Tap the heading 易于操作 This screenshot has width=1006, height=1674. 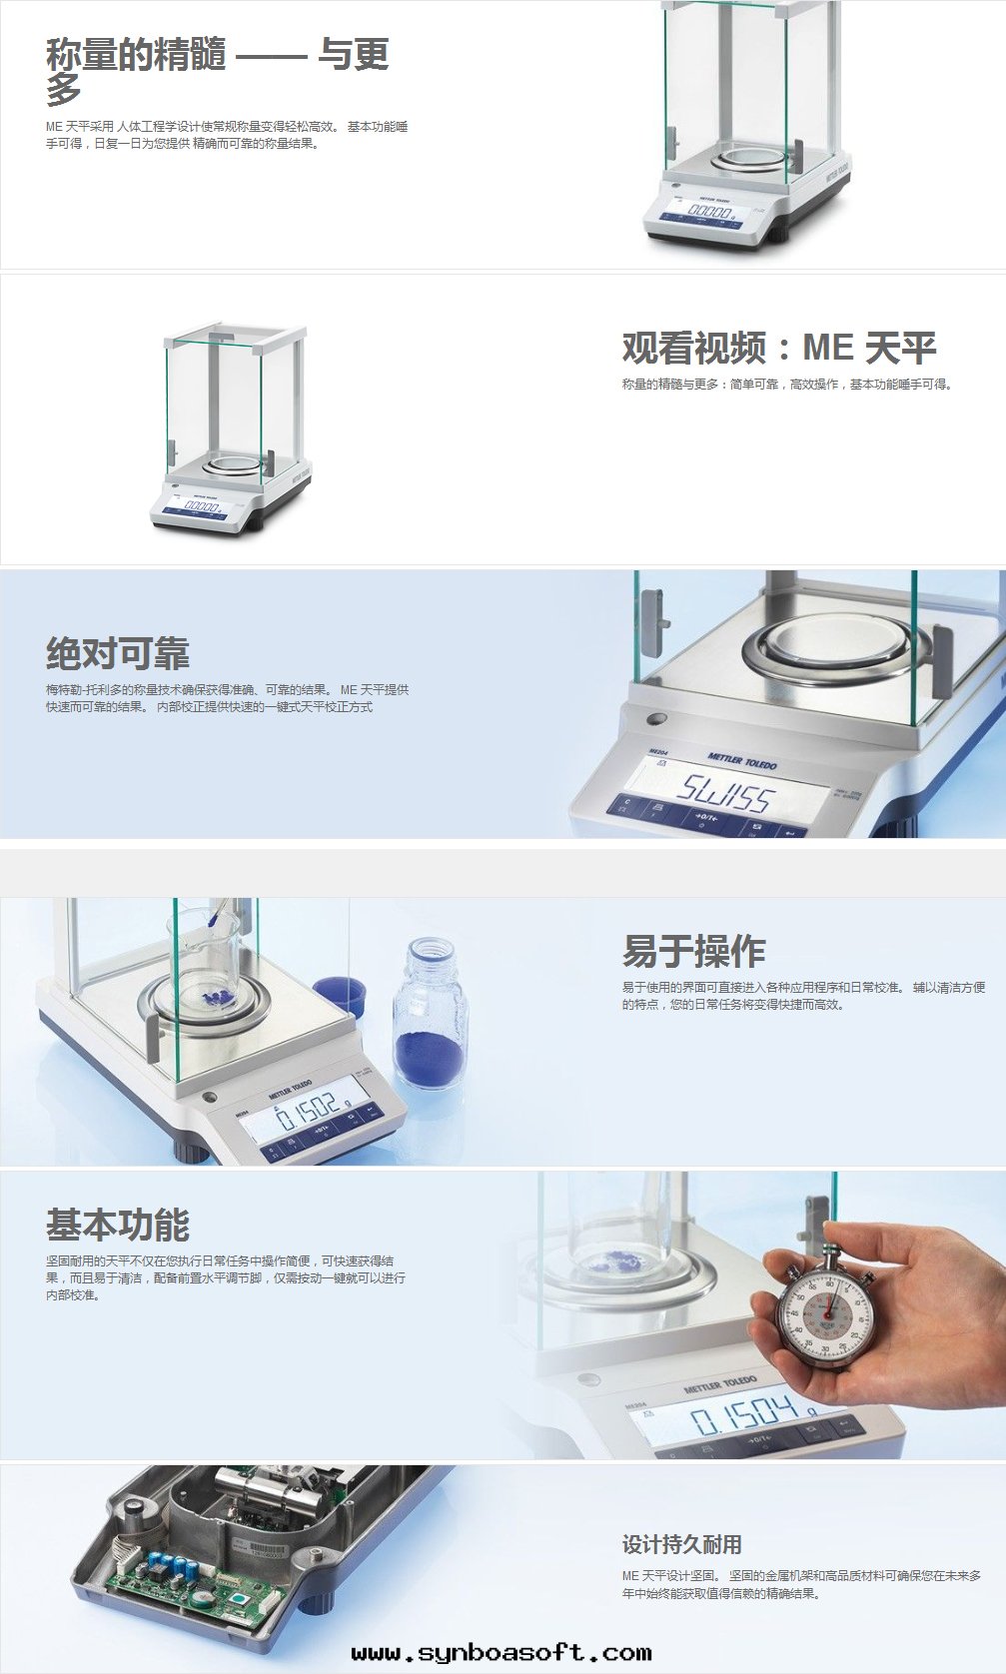tap(693, 951)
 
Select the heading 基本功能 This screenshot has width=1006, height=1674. tap(117, 1225)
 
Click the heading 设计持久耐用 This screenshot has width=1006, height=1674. tap(681, 1544)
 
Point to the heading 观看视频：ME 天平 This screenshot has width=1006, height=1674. tap(779, 348)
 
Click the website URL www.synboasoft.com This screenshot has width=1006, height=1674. tap(502, 1653)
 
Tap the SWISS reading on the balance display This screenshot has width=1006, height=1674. tap(724, 793)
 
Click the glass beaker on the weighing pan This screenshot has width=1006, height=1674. tap(203, 956)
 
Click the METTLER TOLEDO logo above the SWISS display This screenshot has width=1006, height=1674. tap(742, 762)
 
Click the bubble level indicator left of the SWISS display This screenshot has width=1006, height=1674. tap(656, 720)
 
